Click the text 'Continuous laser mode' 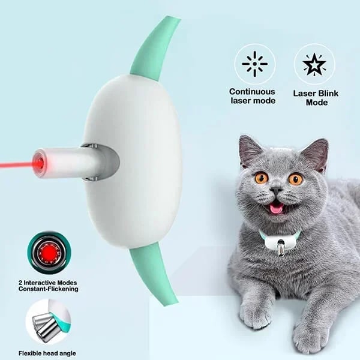[x=253, y=96]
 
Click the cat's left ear [x=251, y=150]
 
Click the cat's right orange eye [x=295, y=179]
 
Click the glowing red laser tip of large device [x=39, y=162]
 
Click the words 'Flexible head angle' [x=47, y=353]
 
